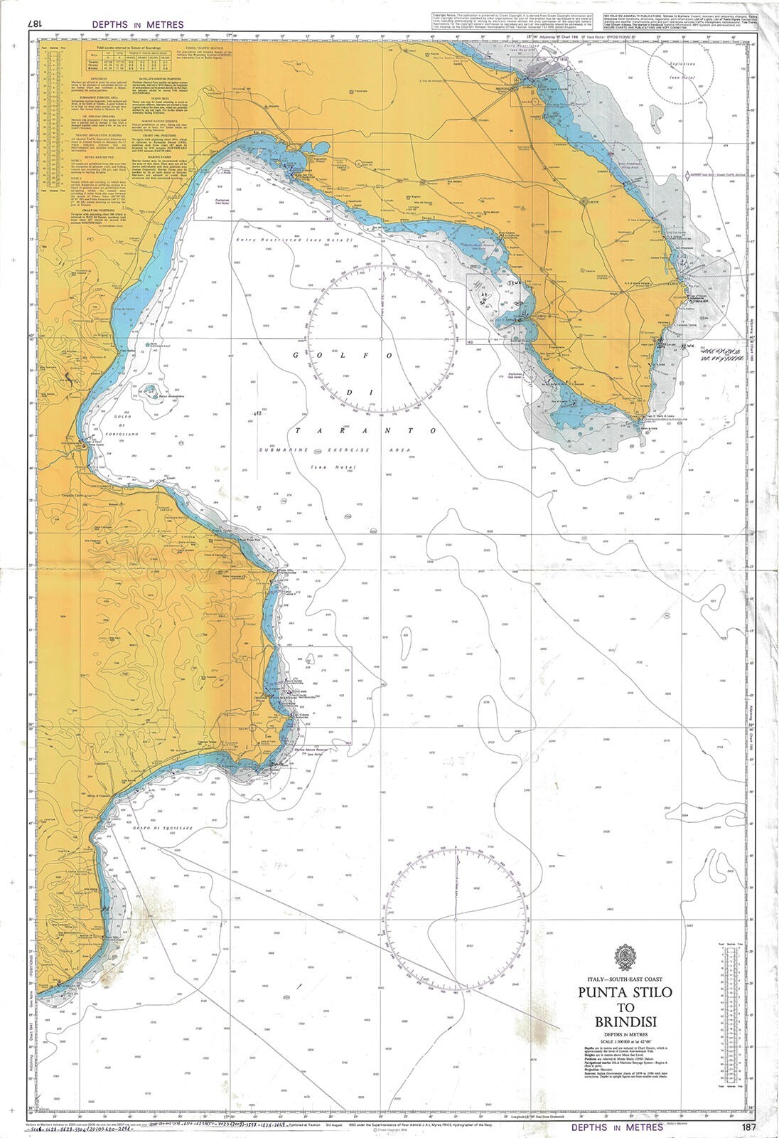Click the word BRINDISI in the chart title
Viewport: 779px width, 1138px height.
625,1023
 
